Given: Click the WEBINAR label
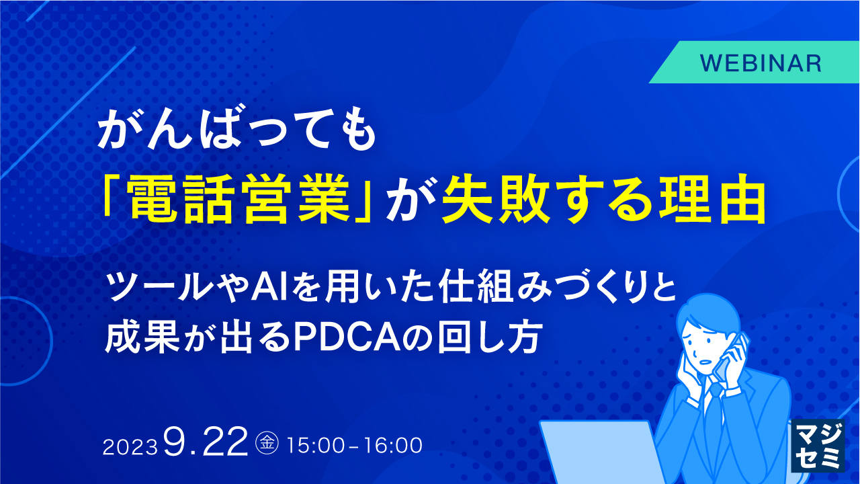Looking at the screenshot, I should [761, 63].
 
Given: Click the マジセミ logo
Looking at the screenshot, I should [818, 446].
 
